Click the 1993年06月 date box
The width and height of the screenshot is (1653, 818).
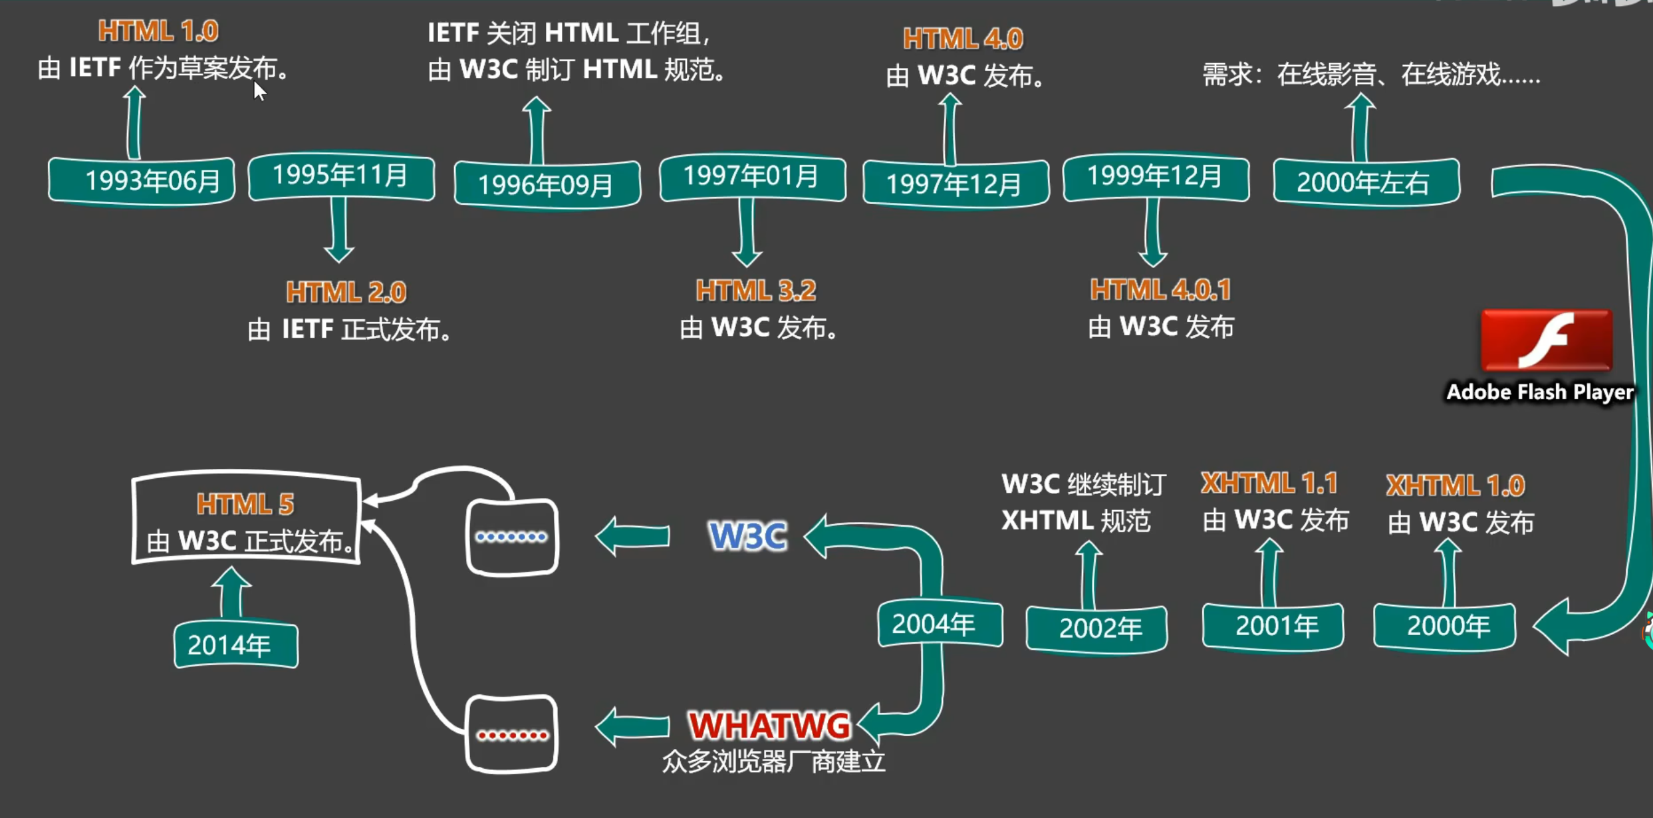pos(142,180)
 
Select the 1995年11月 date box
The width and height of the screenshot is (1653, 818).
pos(341,176)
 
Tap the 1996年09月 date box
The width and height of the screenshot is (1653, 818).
pos(547,184)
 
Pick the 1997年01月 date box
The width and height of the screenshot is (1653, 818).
pos(753,177)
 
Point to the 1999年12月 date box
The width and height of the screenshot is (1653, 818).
pos(1156,177)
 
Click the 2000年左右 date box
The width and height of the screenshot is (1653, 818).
pos(1366,182)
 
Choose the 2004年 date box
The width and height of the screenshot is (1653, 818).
pos(940,624)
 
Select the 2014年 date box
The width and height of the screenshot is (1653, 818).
pos(236,644)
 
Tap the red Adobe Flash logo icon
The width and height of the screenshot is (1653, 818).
pos(1547,340)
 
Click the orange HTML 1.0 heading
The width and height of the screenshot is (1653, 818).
pos(158,31)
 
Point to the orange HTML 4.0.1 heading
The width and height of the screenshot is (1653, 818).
pos(1160,290)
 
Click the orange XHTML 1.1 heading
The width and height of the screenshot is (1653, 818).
pos(1269,483)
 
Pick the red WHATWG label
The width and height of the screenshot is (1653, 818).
pos(770,725)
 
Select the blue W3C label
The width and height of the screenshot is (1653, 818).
pos(748,536)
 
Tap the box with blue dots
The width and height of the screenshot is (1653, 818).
pos(512,537)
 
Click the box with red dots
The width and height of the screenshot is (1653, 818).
pos(511,734)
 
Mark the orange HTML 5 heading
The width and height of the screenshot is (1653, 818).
pos(245,504)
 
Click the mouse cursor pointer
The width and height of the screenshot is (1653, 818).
pos(259,91)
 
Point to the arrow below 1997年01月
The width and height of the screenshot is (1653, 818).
pos(747,232)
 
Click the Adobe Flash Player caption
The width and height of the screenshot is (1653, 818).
pos(1540,392)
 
